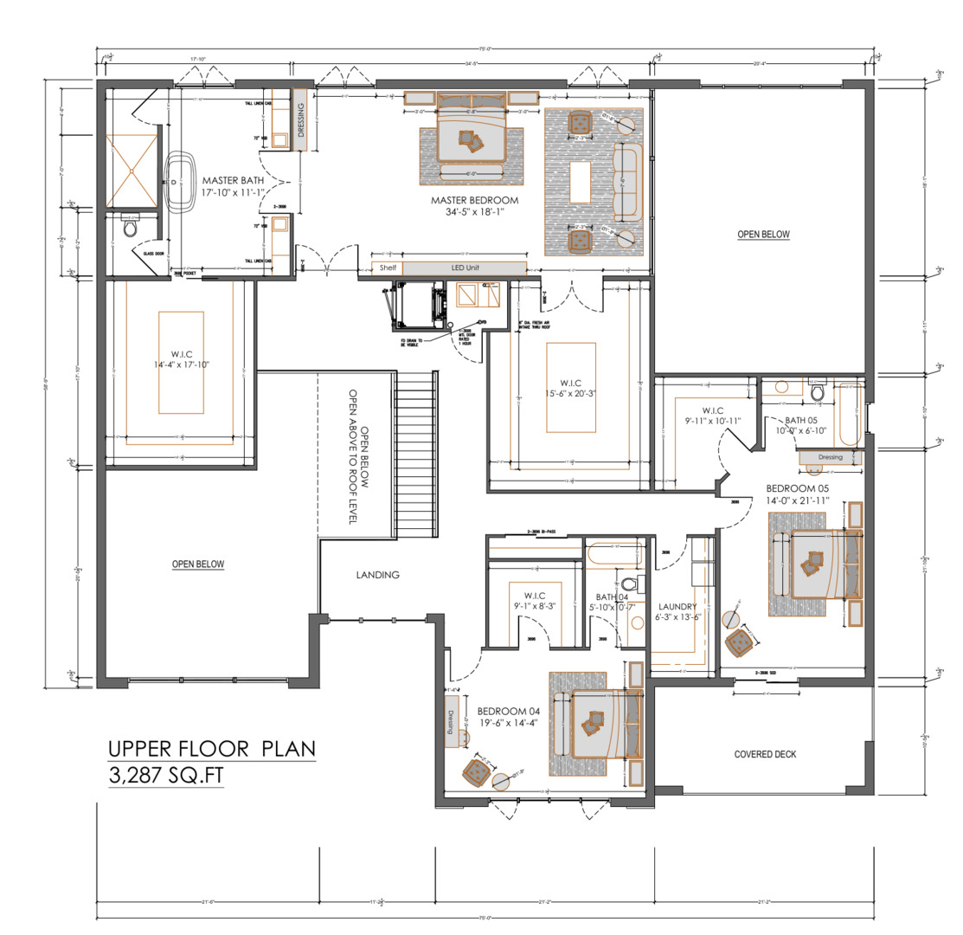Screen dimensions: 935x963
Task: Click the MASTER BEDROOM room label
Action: tap(474, 200)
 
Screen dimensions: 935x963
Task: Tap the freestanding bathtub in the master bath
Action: tap(181, 184)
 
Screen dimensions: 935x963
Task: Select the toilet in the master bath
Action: tap(131, 229)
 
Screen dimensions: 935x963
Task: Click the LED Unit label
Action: tap(464, 268)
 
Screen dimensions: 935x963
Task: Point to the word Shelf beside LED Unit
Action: tap(388, 268)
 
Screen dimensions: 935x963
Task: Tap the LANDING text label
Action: tap(378, 575)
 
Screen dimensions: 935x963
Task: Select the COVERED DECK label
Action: tap(765, 754)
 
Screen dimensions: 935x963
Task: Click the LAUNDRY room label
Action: tap(677, 607)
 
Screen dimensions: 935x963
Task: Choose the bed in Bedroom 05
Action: tap(819, 564)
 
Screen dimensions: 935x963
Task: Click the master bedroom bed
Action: tap(472, 132)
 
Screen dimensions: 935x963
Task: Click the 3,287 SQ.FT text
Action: tap(165, 776)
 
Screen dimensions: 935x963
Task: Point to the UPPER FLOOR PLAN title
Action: tap(211, 748)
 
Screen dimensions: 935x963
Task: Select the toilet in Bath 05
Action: tap(817, 393)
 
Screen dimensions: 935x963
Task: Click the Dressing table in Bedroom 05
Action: tap(830, 457)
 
